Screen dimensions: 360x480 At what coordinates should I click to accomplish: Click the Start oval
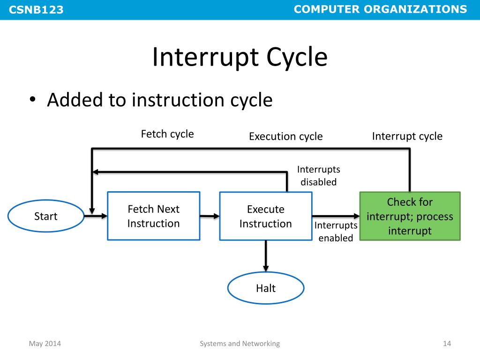(x=45, y=216)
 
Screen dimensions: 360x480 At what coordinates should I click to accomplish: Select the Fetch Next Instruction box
(x=154, y=216)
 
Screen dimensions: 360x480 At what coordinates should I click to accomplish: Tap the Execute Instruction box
(x=265, y=217)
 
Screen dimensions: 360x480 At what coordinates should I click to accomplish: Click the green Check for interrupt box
(x=410, y=216)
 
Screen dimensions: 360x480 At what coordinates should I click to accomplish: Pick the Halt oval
(x=266, y=288)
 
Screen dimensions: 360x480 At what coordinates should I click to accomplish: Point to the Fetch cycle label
(x=167, y=134)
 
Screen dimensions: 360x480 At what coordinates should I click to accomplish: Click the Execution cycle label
(x=285, y=136)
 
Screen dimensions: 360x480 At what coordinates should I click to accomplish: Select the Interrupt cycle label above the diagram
(x=407, y=136)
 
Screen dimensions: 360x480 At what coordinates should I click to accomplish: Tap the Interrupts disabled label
(x=319, y=176)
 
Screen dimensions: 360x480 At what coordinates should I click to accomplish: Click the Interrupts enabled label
(x=336, y=232)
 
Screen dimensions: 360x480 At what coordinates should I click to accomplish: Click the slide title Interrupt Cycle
(x=240, y=58)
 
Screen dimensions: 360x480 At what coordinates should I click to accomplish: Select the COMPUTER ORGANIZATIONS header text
(x=381, y=9)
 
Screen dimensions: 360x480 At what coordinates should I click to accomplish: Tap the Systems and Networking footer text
(x=240, y=344)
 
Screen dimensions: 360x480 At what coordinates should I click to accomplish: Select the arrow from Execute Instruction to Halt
(x=266, y=256)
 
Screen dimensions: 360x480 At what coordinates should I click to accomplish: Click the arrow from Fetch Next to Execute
(x=210, y=216)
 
